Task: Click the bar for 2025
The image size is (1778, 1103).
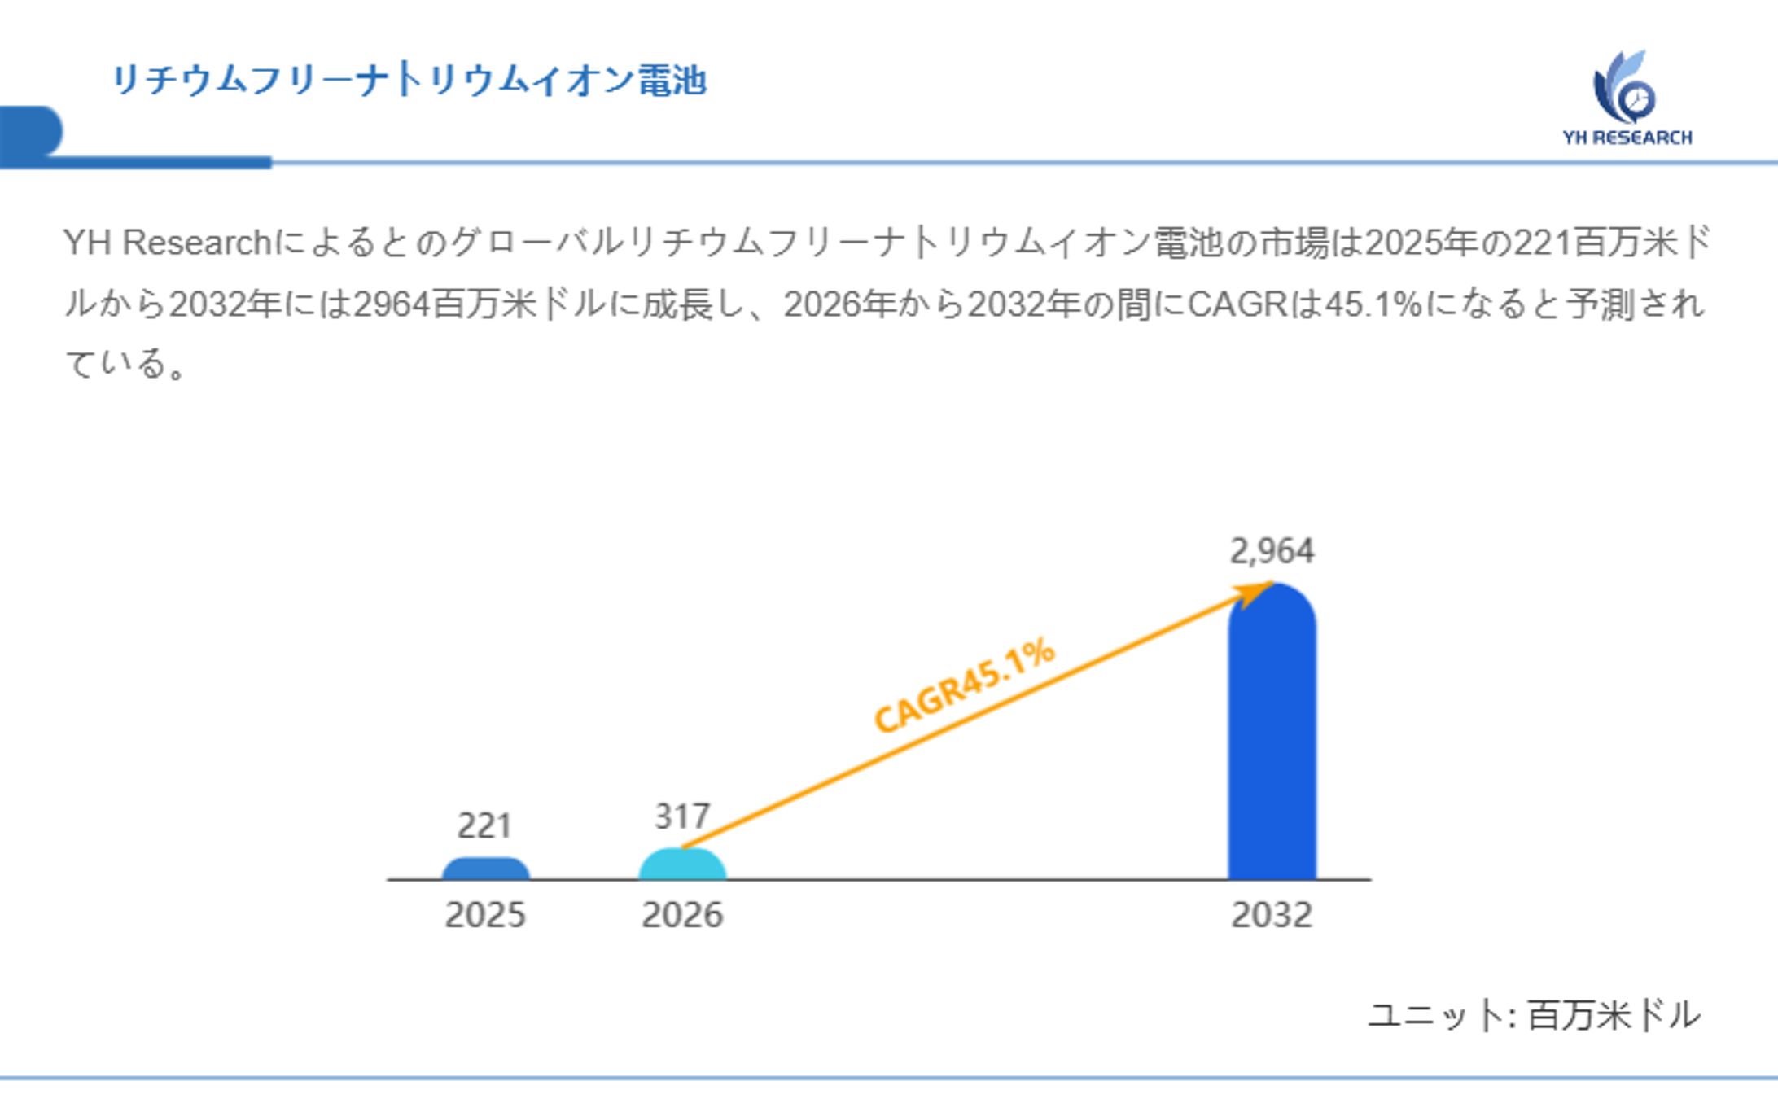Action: [485, 869]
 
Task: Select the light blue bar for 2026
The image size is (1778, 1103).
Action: [682, 864]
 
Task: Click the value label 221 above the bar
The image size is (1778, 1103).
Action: [484, 825]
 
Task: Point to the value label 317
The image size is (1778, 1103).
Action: [682, 816]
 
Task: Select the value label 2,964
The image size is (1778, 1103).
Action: [1272, 551]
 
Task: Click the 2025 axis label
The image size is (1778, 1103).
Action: [485, 915]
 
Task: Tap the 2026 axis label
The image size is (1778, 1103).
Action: [682, 915]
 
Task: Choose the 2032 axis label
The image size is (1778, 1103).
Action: [1272, 915]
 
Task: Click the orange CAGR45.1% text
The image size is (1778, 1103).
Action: [964, 685]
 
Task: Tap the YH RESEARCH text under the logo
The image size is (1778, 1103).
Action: [1627, 138]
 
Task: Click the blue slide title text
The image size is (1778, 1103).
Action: [409, 80]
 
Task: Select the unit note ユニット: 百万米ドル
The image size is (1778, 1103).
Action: [1534, 1015]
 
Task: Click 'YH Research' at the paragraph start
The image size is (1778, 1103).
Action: [167, 243]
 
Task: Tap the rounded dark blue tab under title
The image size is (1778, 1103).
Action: [31, 131]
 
